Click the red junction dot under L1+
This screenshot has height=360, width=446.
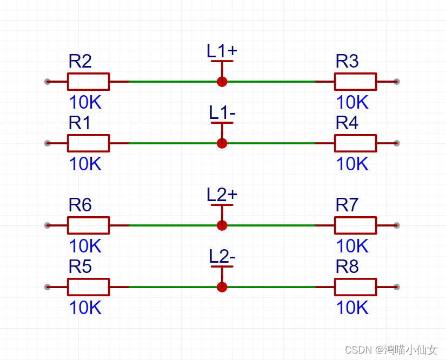[222, 82]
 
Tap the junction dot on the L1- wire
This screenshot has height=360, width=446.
[222, 143]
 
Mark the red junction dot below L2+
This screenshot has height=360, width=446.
[222, 225]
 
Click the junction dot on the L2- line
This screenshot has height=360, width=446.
[222, 287]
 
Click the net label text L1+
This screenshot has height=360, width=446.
[222, 51]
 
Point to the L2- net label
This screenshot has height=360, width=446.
[222, 256]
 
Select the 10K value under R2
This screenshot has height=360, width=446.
[85, 102]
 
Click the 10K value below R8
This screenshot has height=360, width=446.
[352, 308]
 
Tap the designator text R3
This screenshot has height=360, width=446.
[347, 61]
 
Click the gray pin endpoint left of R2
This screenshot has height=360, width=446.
[48, 82]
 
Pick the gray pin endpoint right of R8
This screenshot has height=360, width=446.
[396, 287]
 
